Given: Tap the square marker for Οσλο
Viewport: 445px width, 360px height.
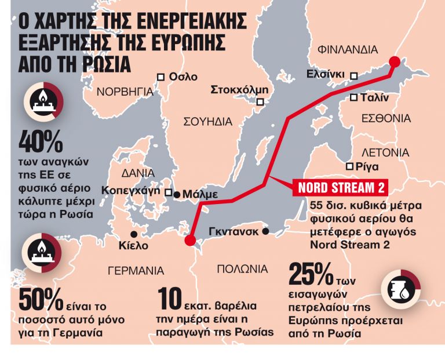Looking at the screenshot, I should coord(162,77).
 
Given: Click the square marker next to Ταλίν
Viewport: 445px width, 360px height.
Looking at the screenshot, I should coord(353,98).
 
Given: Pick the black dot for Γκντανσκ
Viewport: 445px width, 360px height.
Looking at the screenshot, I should coord(265,231).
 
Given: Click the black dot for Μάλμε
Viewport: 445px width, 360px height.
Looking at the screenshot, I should coord(177,194).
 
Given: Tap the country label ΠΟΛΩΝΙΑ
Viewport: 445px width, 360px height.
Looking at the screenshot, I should coord(242,269).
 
